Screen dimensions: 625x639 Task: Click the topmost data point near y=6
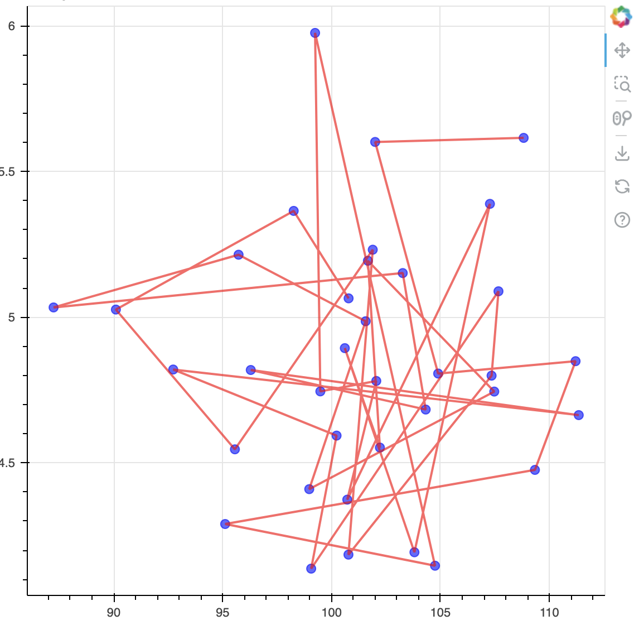click(315, 33)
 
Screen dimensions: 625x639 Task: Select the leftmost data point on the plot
click(54, 307)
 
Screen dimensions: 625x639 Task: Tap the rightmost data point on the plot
click(579, 415)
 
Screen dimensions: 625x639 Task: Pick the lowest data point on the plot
click(311, 569)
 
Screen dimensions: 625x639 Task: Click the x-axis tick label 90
click(114, 613)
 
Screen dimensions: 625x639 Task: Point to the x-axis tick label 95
click(222, 613)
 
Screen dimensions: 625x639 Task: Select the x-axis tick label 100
click(332, 613)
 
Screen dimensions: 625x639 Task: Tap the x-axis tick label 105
click(440, 613)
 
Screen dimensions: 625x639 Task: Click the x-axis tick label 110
click(549, 613)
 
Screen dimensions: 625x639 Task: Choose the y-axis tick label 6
click(11, 26)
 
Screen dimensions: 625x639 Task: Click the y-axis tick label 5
click(11, 318)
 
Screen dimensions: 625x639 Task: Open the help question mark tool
click(622, 220)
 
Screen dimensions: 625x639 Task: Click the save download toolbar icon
click(622, 153)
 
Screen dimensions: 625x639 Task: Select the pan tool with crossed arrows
click(622, 51)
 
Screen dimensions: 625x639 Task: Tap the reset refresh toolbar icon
click(622, 186)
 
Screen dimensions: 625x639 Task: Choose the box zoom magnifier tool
click(622, 84)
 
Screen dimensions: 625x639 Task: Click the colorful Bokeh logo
click(621, 17)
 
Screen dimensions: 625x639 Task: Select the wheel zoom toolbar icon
click(622, 118)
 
